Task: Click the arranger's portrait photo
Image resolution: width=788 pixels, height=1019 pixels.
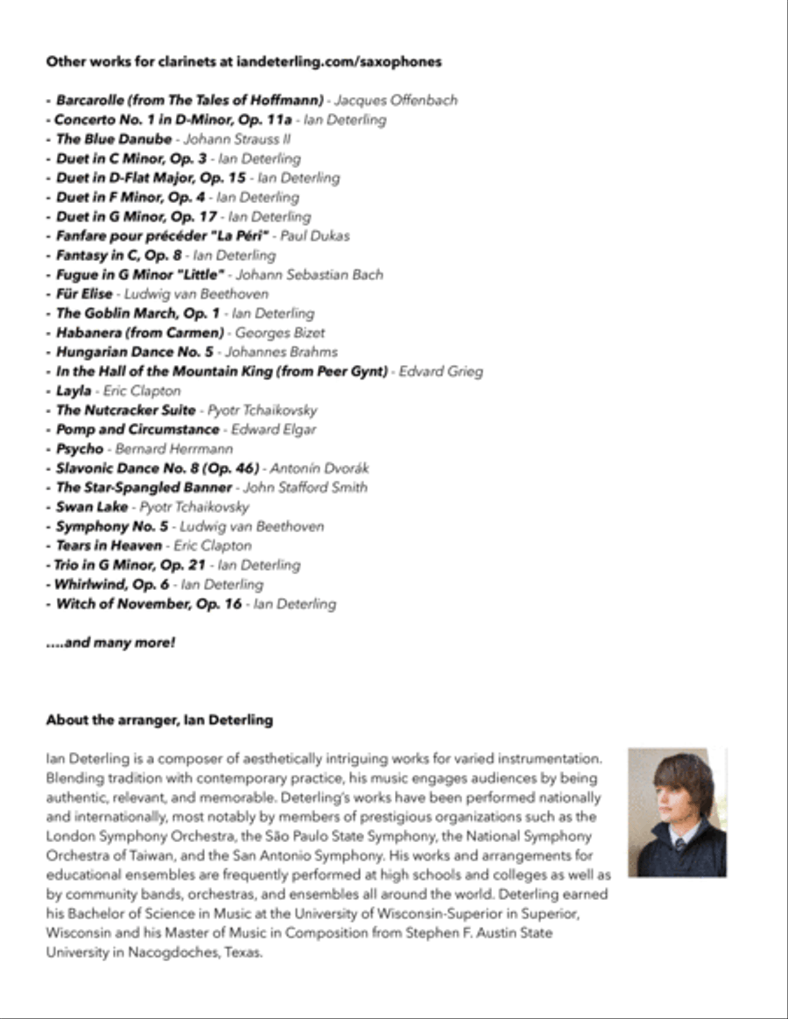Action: (677, 812)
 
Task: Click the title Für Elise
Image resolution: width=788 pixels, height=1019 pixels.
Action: (84, 294)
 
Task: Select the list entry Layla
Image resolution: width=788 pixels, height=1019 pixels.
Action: (74, 390)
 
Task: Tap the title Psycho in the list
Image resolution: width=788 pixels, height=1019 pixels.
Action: (80, 449)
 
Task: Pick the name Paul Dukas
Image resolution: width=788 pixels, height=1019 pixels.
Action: (315, 235)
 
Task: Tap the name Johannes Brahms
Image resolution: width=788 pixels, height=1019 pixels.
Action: (281, 352)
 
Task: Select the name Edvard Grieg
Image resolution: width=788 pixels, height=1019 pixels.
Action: (440, 371)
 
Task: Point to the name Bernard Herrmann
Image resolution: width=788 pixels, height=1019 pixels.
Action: (174, 449)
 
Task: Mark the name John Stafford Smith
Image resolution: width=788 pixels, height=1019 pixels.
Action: (306, 488)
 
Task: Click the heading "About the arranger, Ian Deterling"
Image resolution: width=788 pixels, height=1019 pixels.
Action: (159, 720)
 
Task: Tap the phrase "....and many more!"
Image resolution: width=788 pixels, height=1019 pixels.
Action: (110, 643)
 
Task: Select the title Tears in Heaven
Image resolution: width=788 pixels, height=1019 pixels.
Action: (109, 545)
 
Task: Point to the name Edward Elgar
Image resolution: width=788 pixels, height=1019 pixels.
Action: (273, 430)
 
